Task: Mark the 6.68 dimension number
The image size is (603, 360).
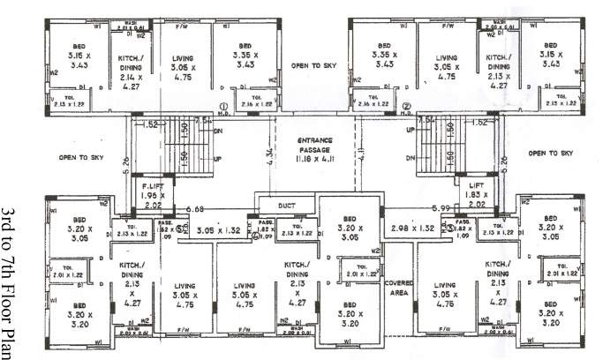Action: click(x=195, y=209)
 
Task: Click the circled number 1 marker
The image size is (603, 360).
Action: click(x=224, y=107)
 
